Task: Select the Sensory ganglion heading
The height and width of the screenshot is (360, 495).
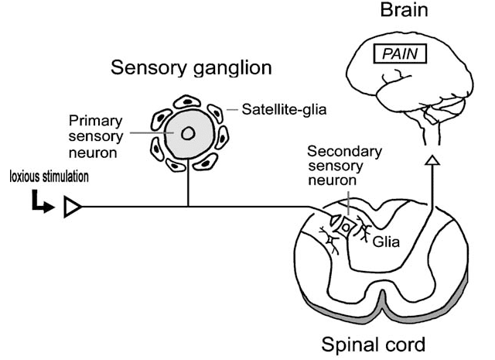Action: click(191, 68)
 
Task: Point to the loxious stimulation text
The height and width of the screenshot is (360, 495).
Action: click(49, 177)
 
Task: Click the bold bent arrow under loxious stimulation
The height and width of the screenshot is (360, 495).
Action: click(41, 203)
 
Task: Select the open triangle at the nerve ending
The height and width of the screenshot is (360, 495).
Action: click(73, 207)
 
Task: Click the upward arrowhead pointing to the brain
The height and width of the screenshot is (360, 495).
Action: click(433, 160)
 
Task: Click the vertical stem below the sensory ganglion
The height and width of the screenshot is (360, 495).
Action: click(188, 190)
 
